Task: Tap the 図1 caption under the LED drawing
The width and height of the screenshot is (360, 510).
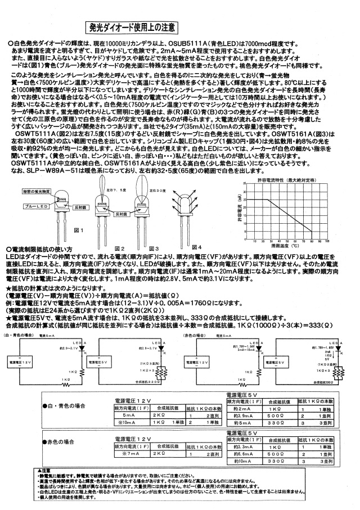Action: point(79,231)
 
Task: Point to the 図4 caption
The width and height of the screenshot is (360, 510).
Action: point(196,247)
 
